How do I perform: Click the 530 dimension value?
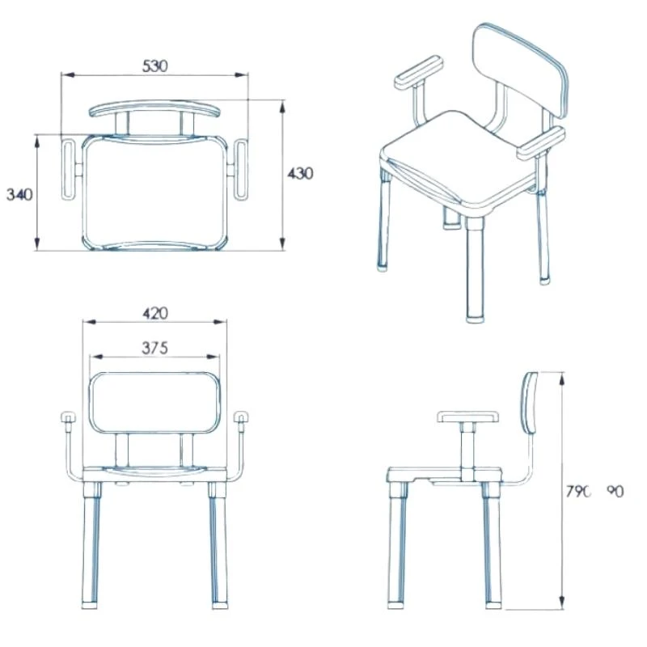(x=154, y=66)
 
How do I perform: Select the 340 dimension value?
(x=19, y=194)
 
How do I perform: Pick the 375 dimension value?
(x=154, y=349)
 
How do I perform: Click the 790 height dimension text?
(x=579, y=490)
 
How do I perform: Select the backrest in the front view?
(x=154, y=404)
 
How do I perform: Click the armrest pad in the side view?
(x=468, y=417)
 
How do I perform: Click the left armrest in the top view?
(x=68, y=169)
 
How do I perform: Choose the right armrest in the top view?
(x=243, y=169)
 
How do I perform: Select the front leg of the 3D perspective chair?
(x=474, y=275)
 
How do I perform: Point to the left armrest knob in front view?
(x=67, y=418)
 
